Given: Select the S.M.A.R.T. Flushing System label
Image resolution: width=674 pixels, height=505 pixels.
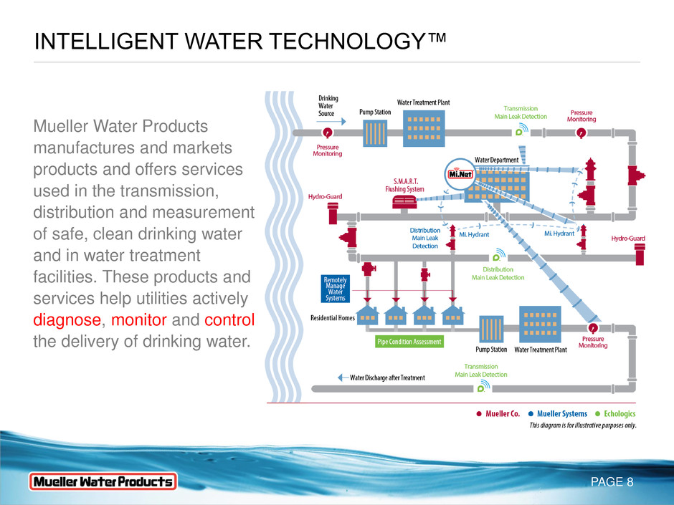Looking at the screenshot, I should coord(404,186).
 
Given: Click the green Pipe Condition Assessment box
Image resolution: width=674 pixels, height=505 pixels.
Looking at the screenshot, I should coord(409,342).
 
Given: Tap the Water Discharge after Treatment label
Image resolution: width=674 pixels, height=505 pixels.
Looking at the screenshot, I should coord(387,377).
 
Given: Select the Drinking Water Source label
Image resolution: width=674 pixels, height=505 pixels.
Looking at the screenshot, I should coord(328,106).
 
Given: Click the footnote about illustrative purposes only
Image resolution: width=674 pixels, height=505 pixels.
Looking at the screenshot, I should coord(582,425).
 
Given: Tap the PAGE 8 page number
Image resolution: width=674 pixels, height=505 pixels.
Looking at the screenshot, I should coord(611,482).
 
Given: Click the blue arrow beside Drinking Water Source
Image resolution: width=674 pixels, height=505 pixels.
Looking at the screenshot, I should coord(354,122).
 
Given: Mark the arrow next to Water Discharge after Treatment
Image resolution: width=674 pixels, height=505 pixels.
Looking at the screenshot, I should coord(343,377).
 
